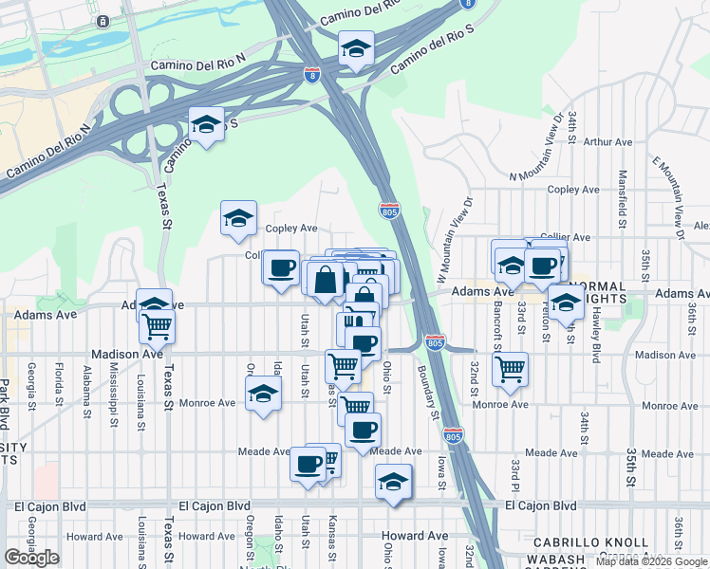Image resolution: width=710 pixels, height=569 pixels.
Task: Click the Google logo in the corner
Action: pos(31,558)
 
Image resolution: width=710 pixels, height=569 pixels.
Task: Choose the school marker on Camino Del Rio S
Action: pos(206,124)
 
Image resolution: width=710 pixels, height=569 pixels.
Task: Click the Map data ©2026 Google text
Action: pos(651,561)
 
